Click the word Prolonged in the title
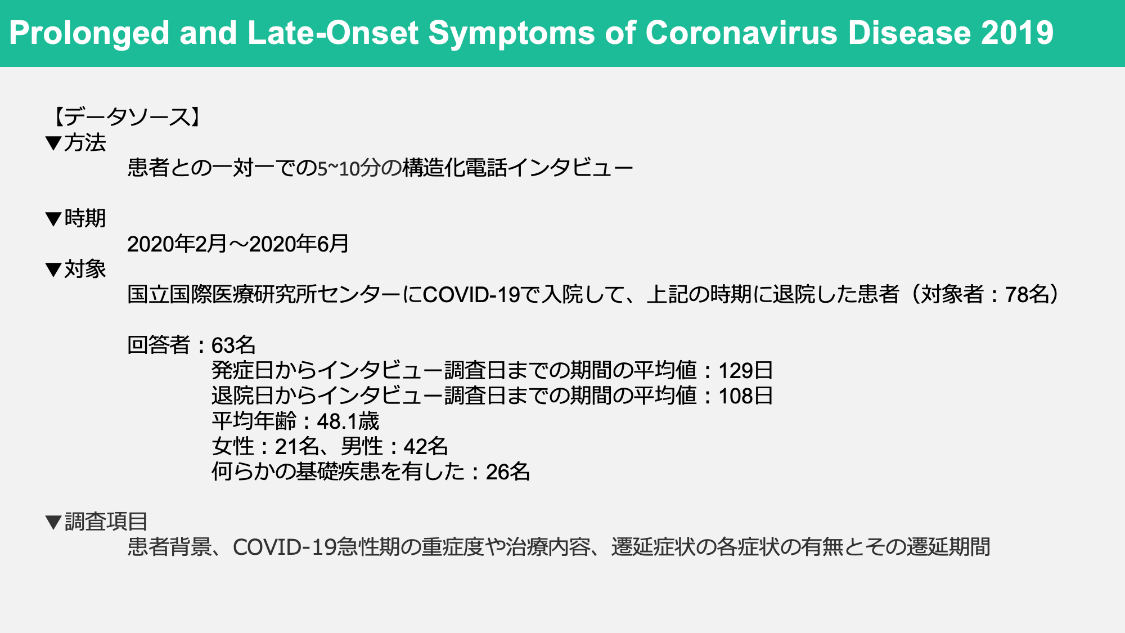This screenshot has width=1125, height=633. [x=89, y=33]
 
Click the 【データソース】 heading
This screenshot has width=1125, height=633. [x=127, y=117]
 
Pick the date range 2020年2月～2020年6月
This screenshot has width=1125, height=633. [x=238, y=244]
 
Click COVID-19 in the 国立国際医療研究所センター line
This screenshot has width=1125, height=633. [x=471, y=295]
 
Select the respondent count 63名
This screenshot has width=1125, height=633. [x=233, y=345]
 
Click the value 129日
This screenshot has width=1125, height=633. [x=746, y=370]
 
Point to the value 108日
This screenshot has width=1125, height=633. [x=746, y=396]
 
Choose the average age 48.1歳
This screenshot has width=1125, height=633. [x=348, y=421]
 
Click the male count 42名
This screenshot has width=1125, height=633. [x=426, y=446]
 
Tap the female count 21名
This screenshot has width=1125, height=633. [x=297, y=446]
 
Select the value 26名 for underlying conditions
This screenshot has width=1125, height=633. [x=508, y=472]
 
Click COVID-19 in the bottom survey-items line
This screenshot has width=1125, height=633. [x=285, y=547]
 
